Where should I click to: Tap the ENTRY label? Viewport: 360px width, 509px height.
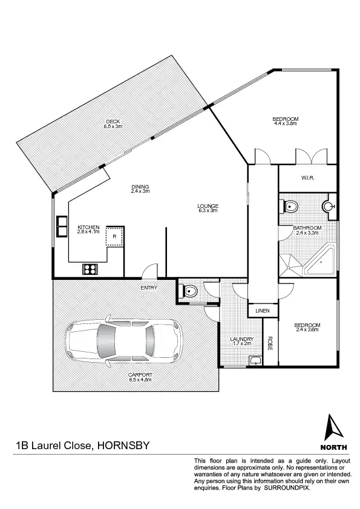[x=149, y=288]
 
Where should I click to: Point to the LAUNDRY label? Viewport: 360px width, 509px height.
[x=241, y=339]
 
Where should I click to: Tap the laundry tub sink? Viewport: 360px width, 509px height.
[x=255, y=361]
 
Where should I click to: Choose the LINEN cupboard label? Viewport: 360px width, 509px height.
[x=262, y=311]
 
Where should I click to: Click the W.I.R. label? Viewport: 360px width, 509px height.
[x=307, y=178]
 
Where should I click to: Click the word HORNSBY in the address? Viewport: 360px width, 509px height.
[x=122, y=446]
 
